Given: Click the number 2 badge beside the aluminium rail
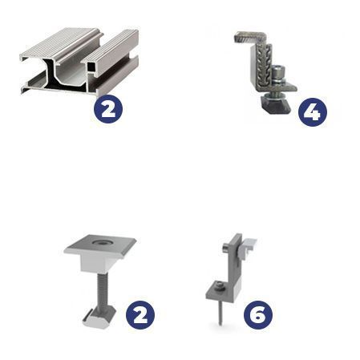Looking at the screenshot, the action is point(108,109).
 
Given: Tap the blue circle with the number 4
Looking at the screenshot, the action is point(313,112).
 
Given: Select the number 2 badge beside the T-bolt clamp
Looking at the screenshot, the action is point(140,315).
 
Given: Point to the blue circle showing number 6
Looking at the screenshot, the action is point(258,315).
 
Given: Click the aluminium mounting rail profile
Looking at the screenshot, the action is point(79,61).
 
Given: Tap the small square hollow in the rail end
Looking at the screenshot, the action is point(91,67).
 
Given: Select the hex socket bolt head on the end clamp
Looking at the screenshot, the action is point(278,71).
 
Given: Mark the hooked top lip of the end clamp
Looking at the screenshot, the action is point(249,37).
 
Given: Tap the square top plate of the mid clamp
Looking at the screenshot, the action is point(99,244).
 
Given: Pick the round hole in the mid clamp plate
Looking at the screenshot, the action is point(100,242).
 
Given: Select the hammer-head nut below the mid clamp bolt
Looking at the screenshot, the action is point(99,318).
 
